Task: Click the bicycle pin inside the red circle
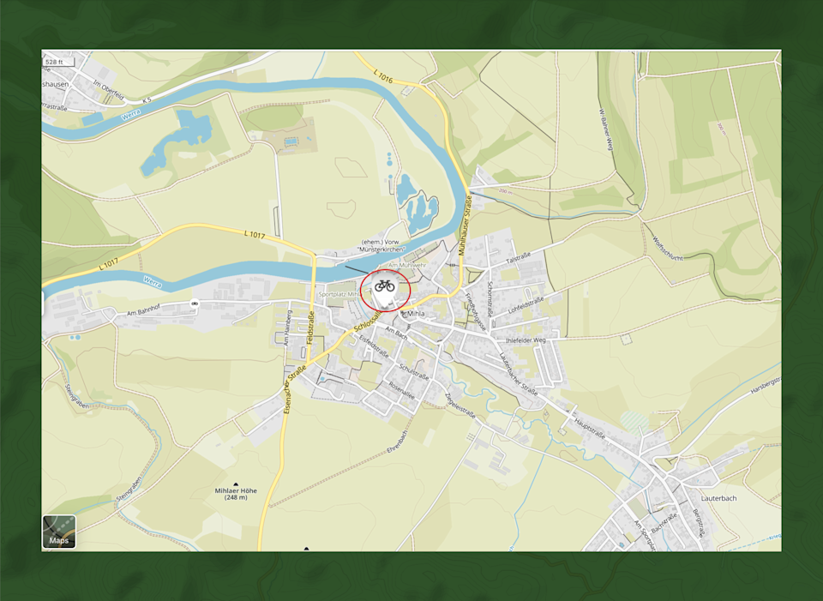[x=385, y=285]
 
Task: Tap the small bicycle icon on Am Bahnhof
[x=195, y=304]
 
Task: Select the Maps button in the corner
[x=59, y=532]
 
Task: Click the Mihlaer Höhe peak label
[x=236, y=493]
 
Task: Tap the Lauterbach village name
[x=718, y=498]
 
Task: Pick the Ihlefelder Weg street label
[x=526, y=340]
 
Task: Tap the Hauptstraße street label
[x=589, y=426]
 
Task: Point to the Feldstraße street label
[x=310, y=329]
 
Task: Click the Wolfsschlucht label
[x=666, y=249]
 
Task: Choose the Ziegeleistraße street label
[x=460, y=400]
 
